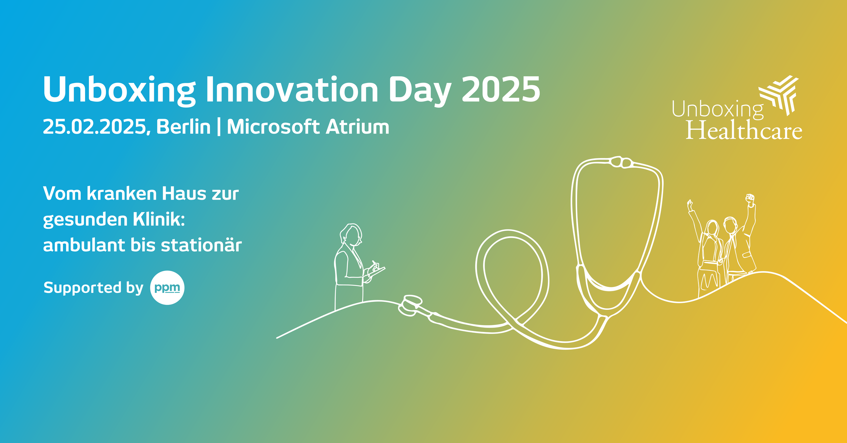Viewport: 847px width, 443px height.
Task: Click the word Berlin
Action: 183,127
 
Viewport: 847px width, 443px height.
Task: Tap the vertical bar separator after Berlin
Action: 219,127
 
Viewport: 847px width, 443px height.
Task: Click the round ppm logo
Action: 167,288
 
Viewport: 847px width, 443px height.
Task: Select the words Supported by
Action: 93,288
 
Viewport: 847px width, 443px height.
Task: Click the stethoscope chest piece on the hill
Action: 410,305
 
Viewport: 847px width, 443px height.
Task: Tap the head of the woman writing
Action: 352,234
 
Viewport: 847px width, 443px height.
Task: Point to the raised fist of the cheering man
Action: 750,199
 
